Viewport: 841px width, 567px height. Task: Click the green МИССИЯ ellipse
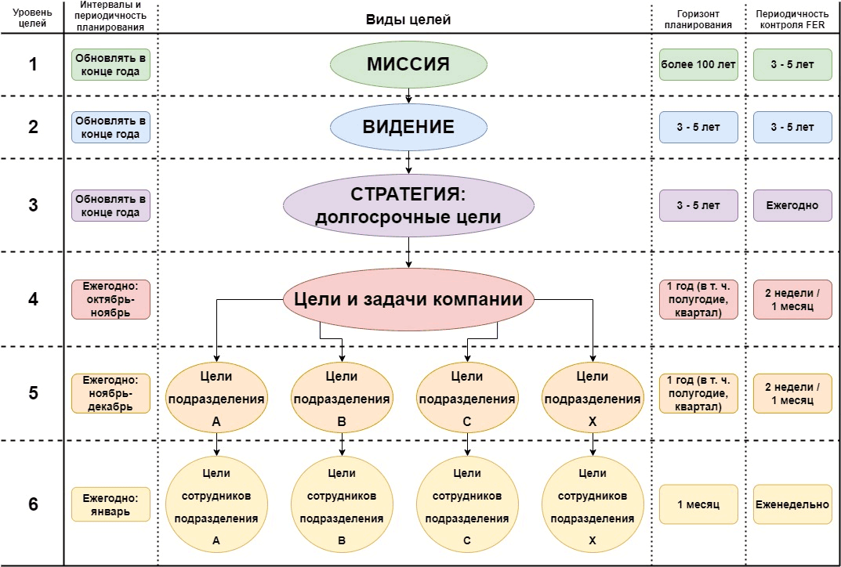tap(408, 64)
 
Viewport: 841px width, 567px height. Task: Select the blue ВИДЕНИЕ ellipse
tap(408, 127)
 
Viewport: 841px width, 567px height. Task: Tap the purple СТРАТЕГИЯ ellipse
tap(408, 206)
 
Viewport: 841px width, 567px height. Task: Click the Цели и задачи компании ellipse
tap(408, 299)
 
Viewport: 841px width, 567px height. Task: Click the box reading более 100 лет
tap(698, 64)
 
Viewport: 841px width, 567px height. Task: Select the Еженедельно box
tap(792, 504)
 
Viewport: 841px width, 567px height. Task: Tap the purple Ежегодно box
tap(792, 206)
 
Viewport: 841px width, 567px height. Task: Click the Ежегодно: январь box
tap(111, 504)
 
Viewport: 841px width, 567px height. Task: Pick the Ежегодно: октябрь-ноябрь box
tap(111, 299)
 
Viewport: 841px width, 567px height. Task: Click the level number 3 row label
tap(33, 205)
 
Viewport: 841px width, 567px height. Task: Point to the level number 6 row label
tap(33, 504)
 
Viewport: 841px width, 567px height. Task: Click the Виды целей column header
tap(408, 19)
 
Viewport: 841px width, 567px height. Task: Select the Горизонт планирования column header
tap(698, 19)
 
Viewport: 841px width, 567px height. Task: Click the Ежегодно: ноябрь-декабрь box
tap(111, 393)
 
